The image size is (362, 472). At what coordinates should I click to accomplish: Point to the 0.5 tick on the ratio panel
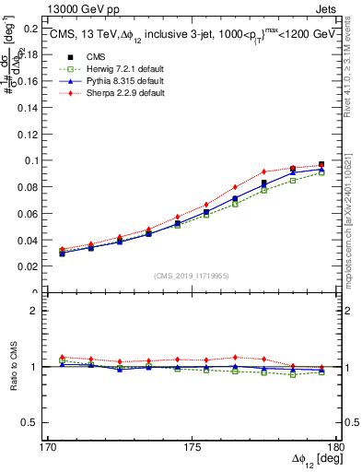37,422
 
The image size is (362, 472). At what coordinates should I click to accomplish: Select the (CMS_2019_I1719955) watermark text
192,274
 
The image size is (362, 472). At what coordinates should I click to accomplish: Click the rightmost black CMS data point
321,165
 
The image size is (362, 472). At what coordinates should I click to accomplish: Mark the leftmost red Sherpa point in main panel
62,249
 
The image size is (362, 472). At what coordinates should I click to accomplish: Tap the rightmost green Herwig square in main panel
321,172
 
